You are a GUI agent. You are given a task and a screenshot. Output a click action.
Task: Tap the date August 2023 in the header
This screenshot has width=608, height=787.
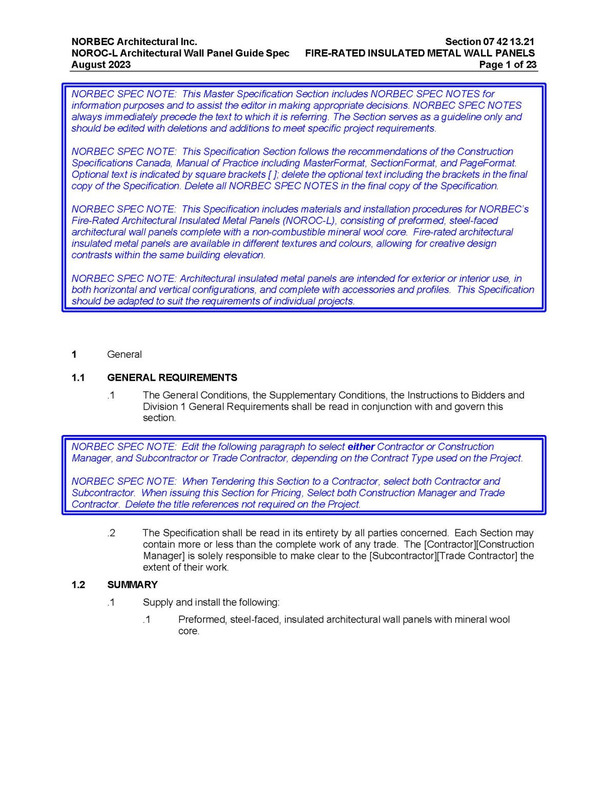101,65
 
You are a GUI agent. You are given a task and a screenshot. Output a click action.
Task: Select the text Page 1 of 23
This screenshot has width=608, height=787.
508,65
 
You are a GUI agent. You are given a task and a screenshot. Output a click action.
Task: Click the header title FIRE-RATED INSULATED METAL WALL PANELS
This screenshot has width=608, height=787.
420,53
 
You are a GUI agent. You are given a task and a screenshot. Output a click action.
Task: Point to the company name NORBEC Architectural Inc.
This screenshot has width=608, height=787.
134,42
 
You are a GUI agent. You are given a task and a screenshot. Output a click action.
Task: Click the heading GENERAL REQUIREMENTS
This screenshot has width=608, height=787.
172,378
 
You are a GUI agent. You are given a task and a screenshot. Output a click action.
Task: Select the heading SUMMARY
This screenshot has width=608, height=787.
132,585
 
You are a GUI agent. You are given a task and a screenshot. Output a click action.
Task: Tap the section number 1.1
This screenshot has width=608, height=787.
78,378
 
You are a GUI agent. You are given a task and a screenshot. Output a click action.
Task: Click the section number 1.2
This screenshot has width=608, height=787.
78,585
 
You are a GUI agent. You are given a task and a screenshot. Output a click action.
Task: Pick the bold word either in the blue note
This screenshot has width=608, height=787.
361,447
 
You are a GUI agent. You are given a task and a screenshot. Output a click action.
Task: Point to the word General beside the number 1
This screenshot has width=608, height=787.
124,355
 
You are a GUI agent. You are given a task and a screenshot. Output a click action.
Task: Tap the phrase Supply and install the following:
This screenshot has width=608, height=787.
211,603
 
